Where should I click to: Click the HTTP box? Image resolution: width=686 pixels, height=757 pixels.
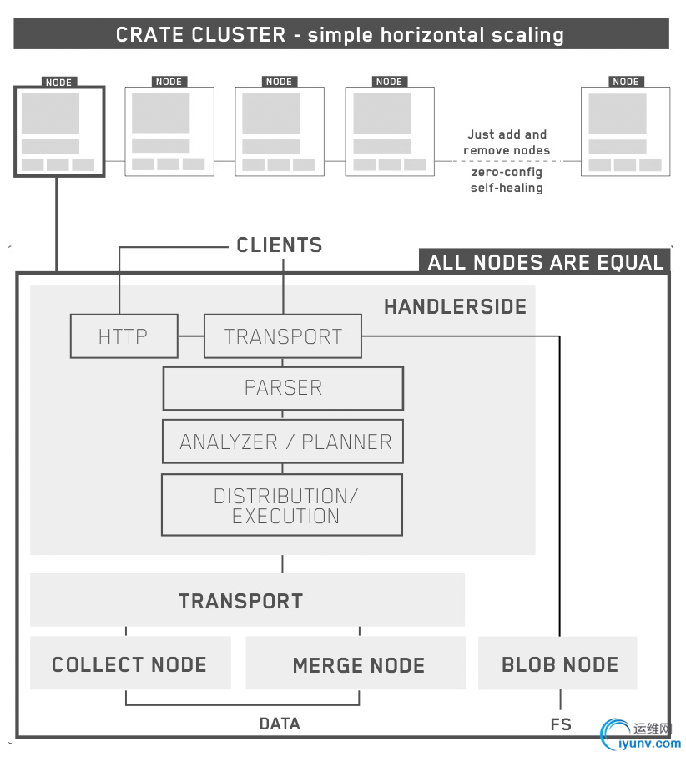coord(124,336)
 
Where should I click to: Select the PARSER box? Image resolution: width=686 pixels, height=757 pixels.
coord(283,388)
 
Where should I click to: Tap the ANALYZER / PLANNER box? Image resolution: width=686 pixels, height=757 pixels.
coord(283,442)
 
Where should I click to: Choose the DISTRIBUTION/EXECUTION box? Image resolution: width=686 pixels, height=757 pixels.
coord(282,505)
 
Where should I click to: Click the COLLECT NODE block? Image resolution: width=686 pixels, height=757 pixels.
coord(130,664)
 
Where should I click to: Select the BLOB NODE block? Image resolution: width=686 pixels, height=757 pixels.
coord(558,664)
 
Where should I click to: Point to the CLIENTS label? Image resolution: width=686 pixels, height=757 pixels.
coord(279,245)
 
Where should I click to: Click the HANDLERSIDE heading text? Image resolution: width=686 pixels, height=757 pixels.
coord(455,307)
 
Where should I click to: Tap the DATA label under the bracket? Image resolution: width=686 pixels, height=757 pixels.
coord(280,724)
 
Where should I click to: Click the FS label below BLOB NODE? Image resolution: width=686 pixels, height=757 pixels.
coord(560,724)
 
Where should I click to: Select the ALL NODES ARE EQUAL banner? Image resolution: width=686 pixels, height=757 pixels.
coord(545,262)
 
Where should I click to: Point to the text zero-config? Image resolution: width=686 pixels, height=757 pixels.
coord(506,172)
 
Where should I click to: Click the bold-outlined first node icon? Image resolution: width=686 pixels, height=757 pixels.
coord(58,131)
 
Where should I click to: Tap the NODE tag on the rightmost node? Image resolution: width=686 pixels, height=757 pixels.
coord(625,82)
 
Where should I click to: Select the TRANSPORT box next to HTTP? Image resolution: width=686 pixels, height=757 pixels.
coord(283,336)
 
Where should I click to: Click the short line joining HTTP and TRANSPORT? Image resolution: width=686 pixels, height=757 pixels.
coord(191,336)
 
